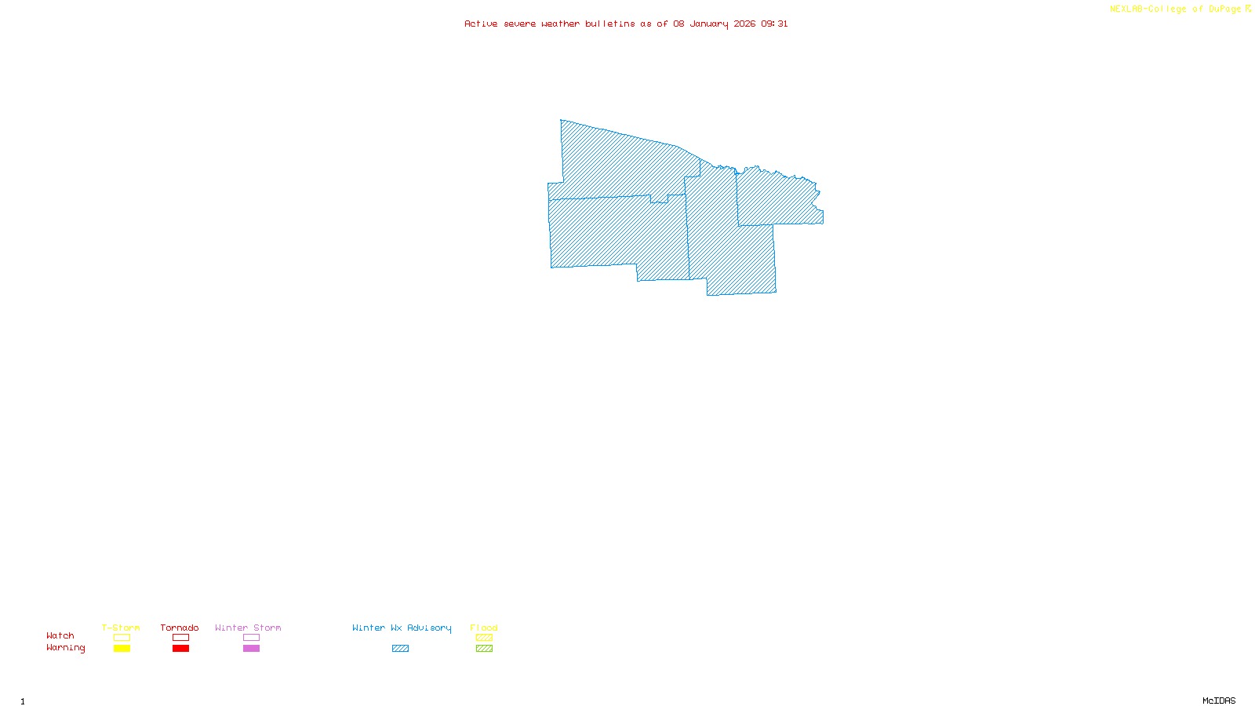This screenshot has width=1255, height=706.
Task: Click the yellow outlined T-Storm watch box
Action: pyautogui.click(x=122, y=638)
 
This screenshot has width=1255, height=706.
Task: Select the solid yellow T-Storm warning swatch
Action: pyautogui.click(x=122, y=649)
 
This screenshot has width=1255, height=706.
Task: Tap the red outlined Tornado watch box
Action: pyautogui.click(x=180, y=638)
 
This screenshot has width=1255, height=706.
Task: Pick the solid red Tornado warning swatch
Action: pyautogui.click(x=180, y=649)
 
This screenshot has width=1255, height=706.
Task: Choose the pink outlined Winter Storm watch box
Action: pyautogui.click(x=251, y=638)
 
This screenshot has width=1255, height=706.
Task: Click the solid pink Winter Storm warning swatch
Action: pyautogui.click(x=251, y=649)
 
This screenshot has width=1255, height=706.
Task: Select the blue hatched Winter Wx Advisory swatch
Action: pyautogui.click(x=400, y=649)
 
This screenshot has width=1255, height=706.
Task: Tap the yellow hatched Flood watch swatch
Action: pyautogui.click(x=484, y=638)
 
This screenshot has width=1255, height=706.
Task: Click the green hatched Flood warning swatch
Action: pyautogui.click(x=484, y=649)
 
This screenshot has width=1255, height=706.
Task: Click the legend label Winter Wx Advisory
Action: pyautogui.click(x=402, y=628)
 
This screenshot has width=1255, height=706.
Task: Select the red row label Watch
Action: pyautogui.click(x=60, y=636)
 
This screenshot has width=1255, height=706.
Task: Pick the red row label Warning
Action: pyautogui.click(x=65, y=648)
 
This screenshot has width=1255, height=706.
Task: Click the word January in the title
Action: pyautogui.click(x=709, y=24)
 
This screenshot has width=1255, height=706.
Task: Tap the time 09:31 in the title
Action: pyautogui.click(x=774, y=24)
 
